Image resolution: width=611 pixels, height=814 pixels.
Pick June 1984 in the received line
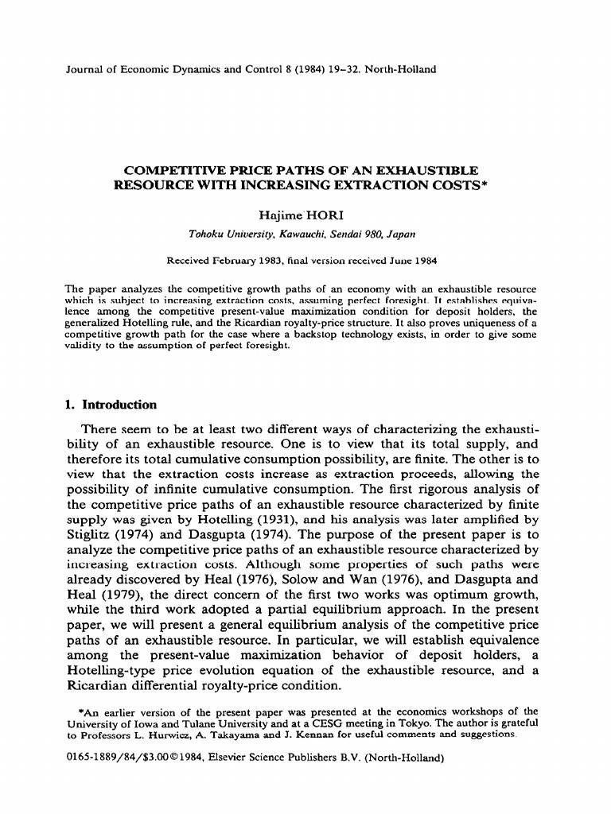click(409, 260)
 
